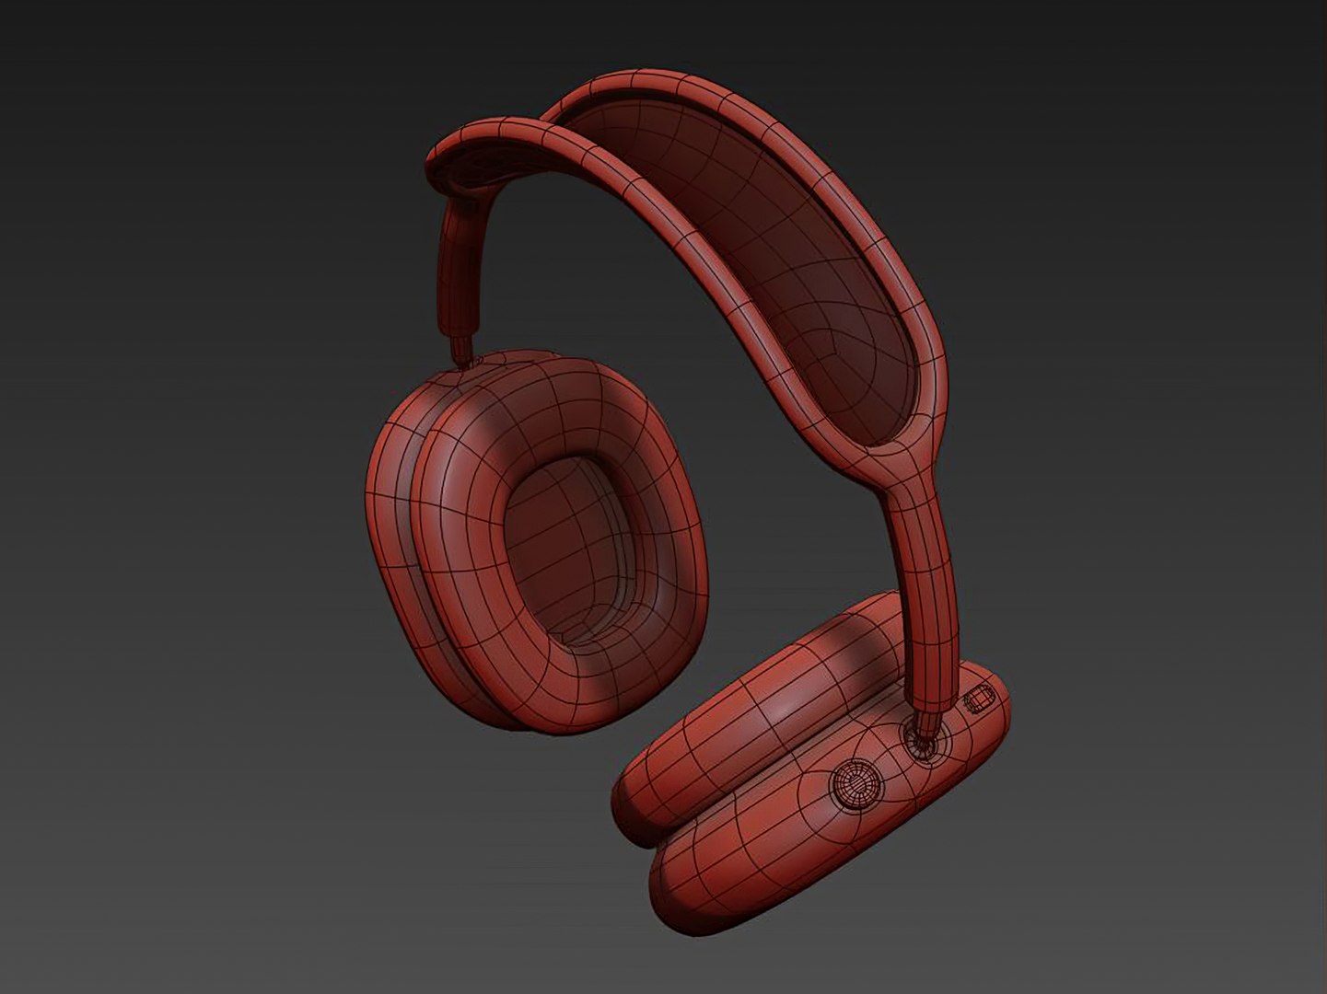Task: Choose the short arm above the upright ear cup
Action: coord(458,267)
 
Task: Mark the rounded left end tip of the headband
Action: coord(442,152)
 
